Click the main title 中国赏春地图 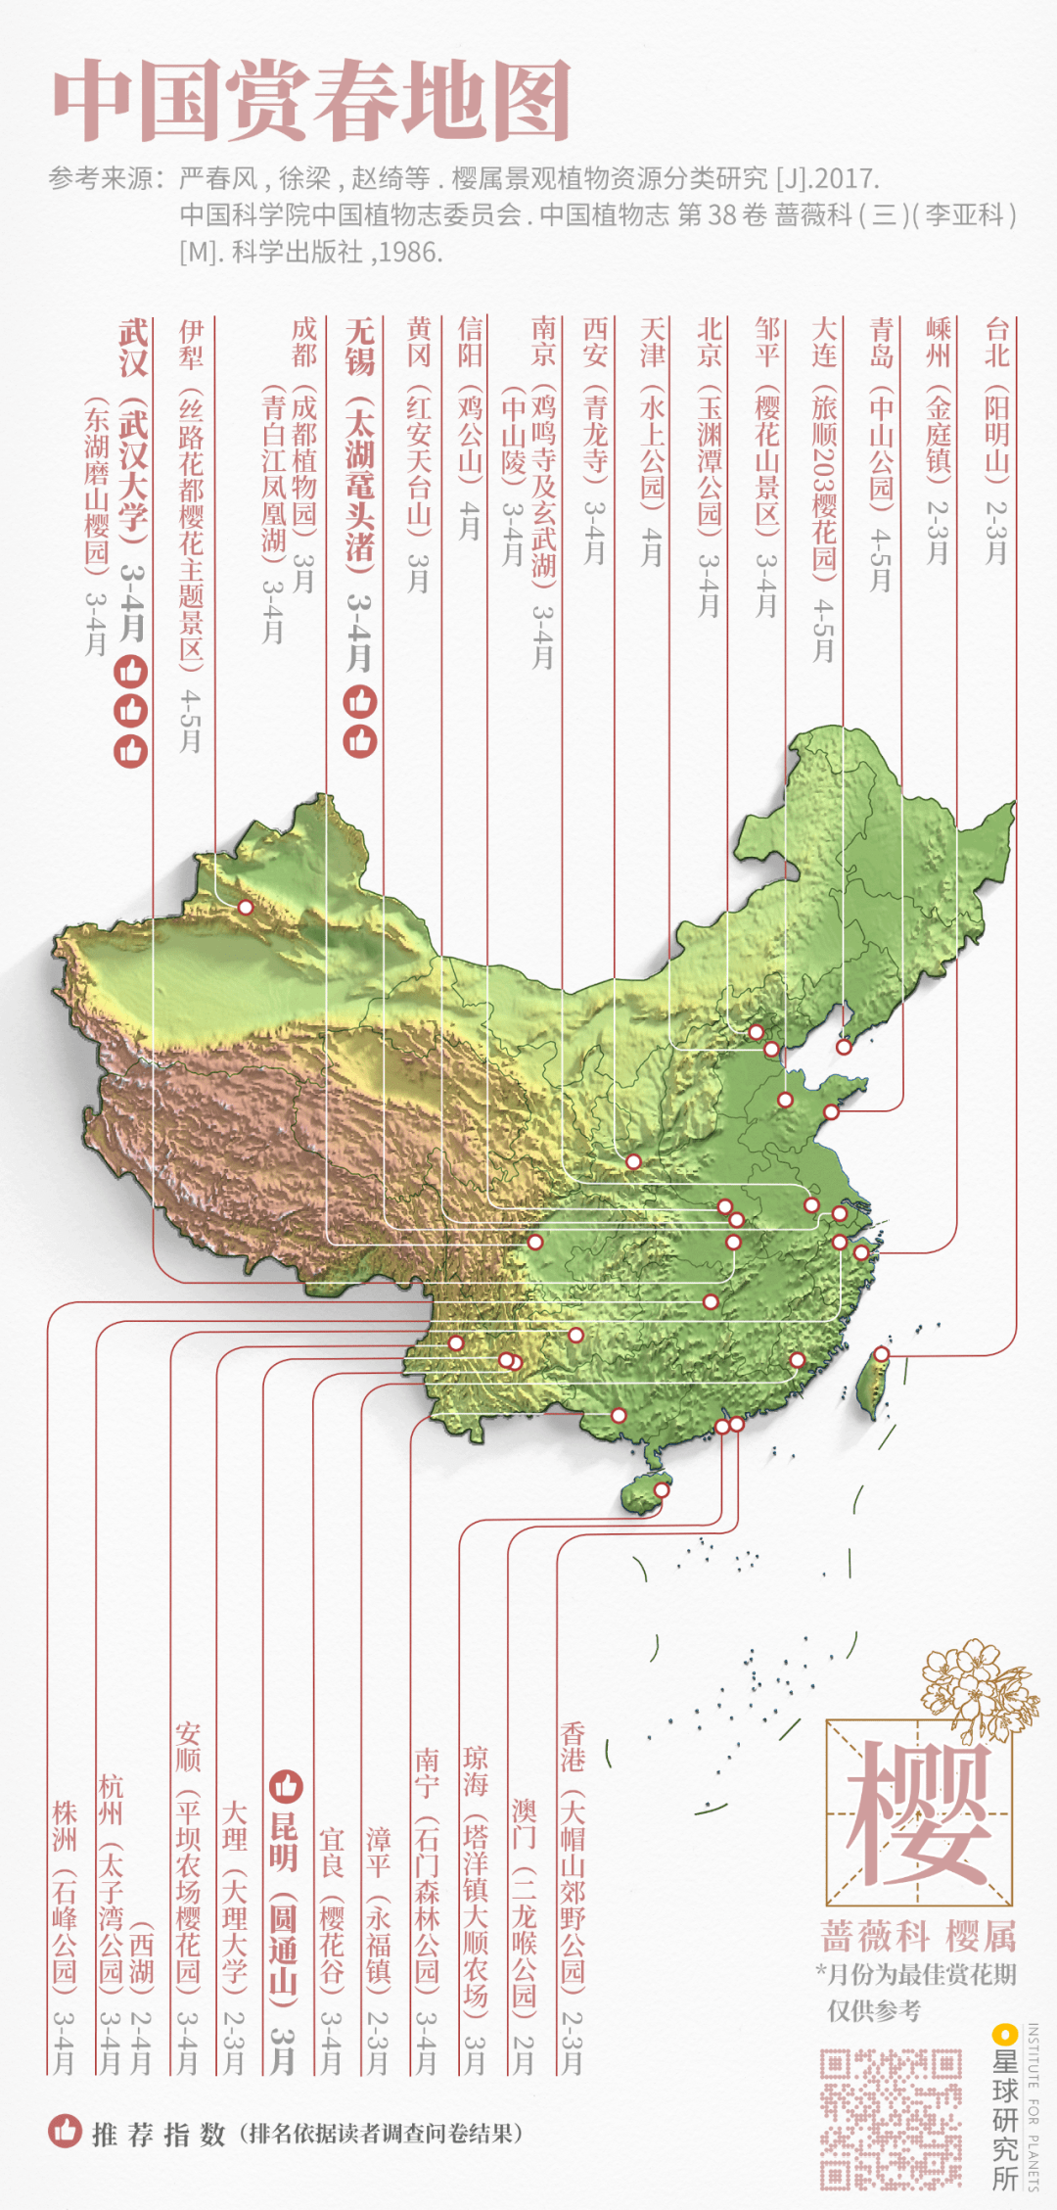pyautogui.click(x=311, y=100)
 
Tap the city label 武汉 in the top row pyautogui.click(x=133, y=348)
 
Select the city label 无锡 pyautogui.click(x=360, y=348)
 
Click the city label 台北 pyautogui.click(x=996, y=343)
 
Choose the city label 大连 pyautogui.click(x=824, y=343)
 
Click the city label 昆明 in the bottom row pyautogui.click(x=284, y=1842)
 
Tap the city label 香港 pyautogui.click(x=573, y=1748)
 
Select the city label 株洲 pyautogui.click(x=65, y=1826)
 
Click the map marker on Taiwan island pyautogui.click(x=881, y=1354)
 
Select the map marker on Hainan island pyautogui.click(x=662, y=1490)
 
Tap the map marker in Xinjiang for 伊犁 pyautogui.click(x=246, y=908)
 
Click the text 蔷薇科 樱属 pyautogui.click(x=917, y=1936)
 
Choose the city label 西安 pyautogui.click(x=595, y=343)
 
